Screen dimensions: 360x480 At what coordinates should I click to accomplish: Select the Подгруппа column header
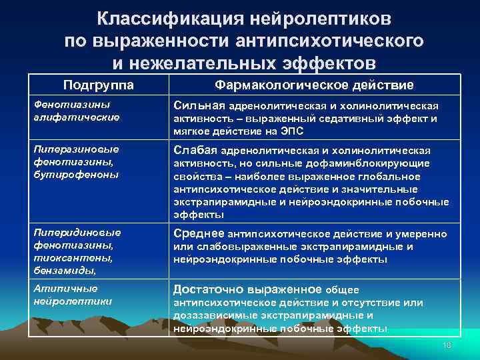[x=98, y=85]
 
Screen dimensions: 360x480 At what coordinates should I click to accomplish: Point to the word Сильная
[x=199, y=105]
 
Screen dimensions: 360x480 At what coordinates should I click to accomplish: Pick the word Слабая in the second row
[x=195, y=150]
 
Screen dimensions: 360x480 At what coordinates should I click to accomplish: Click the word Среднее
[x=199, y=234]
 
